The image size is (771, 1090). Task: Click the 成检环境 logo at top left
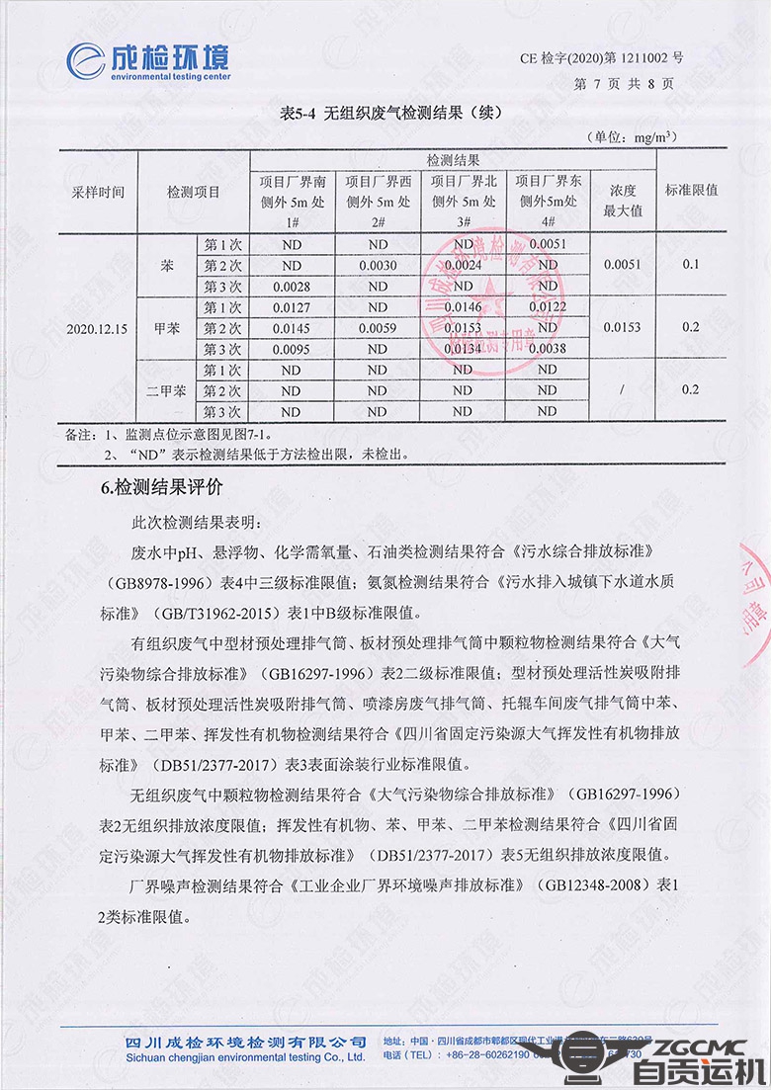pos(147,60)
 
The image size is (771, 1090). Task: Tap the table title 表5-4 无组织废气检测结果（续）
pos(391,114)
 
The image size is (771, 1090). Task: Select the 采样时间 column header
pos(98,191)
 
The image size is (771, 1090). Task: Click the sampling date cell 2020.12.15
pos(98,328)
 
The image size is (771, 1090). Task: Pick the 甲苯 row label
pos(166,328)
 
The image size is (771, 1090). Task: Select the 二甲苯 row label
pos(166,390)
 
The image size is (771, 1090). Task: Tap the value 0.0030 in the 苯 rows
pos(378,265)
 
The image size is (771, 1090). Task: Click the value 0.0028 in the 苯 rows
pos(292,286)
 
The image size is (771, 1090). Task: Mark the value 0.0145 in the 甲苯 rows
pos(292,328)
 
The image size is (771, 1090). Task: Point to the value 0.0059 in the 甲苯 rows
pos(378,328)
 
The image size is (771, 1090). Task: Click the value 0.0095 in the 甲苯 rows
pos(292,349)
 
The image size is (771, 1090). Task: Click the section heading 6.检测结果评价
pos(164,487)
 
